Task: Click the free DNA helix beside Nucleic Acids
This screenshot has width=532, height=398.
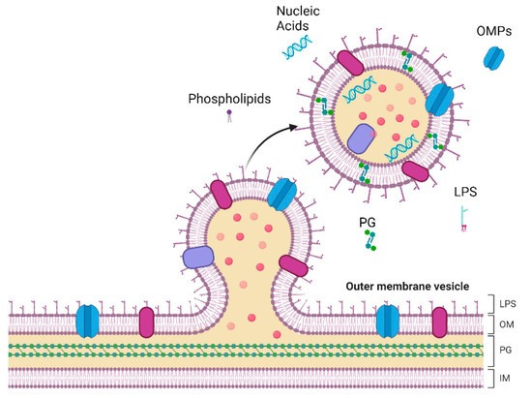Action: point(295,53)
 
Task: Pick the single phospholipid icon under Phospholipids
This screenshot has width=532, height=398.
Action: point(229,116)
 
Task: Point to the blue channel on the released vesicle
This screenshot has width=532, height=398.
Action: point(440,100)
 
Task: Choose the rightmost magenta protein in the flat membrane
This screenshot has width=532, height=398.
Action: point(440,321)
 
